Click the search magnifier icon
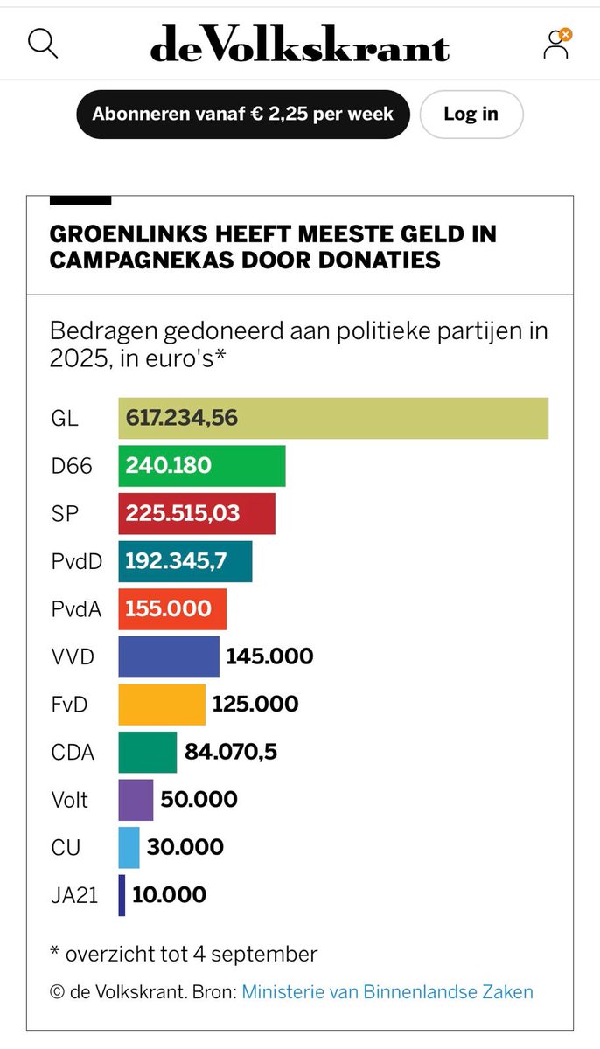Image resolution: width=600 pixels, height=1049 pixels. [43, 43]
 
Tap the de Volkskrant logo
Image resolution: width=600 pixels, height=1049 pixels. [299, 44]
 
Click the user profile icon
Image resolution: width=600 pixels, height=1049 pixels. [556, 44]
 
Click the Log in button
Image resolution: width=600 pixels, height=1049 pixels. [471, 114]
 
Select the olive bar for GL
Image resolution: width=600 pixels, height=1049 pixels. [333, 418]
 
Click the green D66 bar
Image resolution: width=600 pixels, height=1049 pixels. [202, 466]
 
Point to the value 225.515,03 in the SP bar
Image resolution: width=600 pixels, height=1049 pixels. [183, 513]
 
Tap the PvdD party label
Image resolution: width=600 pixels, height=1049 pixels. [76, 561]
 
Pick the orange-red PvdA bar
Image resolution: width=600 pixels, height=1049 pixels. [172, 609]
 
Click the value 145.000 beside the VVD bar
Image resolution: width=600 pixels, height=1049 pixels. [269, 656]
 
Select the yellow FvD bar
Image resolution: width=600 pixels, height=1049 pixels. [162, 704]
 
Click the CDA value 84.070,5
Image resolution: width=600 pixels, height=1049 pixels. [231, 752]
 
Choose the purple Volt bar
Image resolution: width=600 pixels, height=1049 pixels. [136, 799]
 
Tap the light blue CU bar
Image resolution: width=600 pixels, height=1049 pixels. [129, 847]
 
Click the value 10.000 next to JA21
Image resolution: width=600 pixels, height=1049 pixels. [170, 894]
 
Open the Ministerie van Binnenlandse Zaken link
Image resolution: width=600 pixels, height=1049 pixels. [387, 991]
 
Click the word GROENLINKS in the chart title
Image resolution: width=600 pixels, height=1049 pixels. [124, 234]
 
